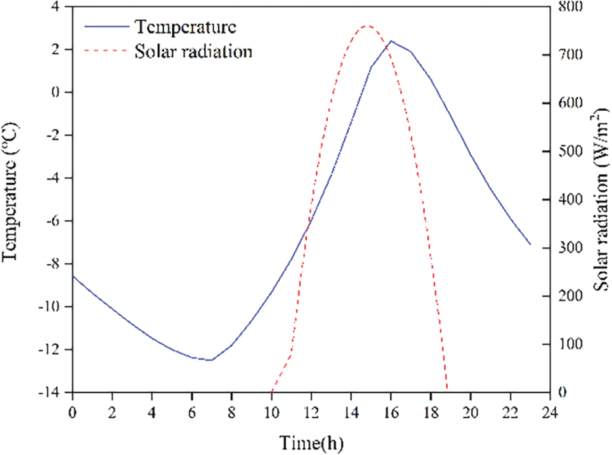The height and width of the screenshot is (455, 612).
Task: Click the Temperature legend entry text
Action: (x=185, y=26)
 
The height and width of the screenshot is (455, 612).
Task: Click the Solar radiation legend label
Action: (x=193, y=51)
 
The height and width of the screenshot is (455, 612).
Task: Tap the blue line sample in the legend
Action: (x=106, y=26)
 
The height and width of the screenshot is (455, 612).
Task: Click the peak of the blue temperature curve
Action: (x=391, y=41)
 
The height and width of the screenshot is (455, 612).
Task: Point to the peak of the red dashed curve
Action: (x=367, y=26)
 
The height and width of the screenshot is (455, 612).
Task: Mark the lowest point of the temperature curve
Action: (x=211, y=360)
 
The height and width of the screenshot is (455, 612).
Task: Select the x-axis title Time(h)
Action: (x=311, y=443)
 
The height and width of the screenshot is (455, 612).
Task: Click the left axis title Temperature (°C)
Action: (x=10, y=191)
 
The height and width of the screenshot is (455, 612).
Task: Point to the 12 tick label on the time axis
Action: (x=311, y=413)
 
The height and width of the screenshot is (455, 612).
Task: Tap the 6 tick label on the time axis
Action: (x=192, y=413)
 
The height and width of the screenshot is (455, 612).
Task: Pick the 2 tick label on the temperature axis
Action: (x=56, y=49)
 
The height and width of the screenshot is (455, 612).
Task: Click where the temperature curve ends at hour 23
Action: (x=530, y=244)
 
